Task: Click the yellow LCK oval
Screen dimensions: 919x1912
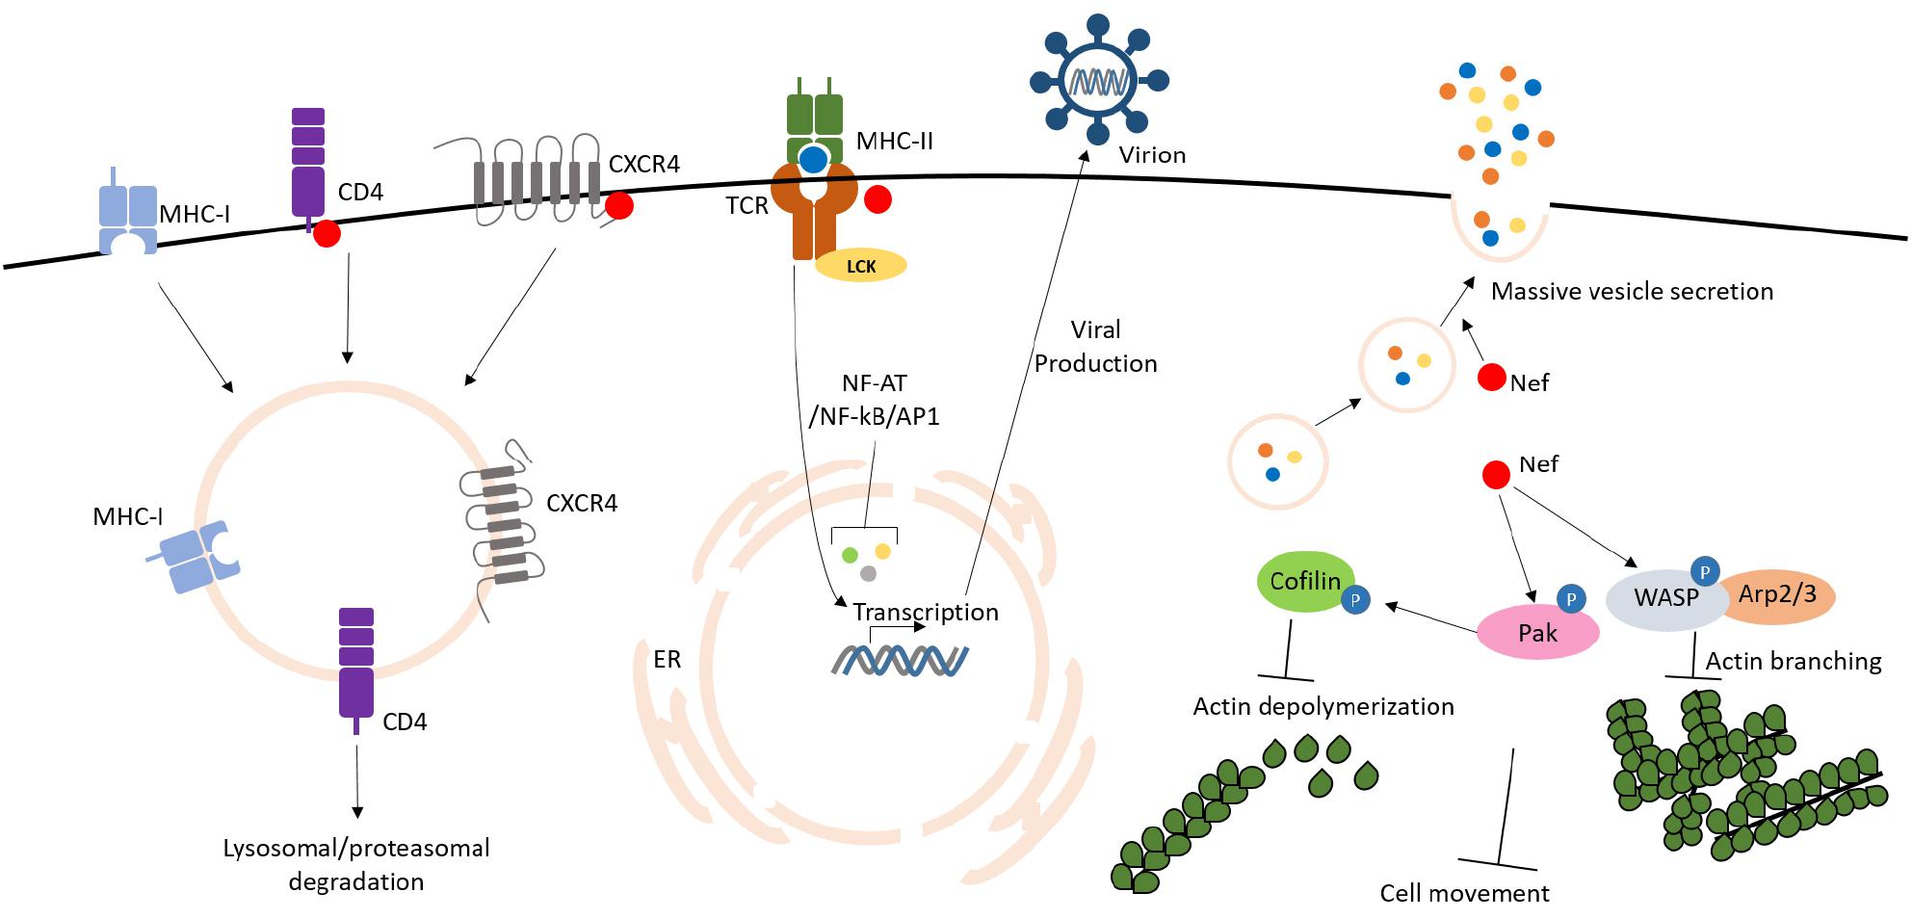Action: coord(861,265)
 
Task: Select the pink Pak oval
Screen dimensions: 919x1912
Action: coord(1537,633)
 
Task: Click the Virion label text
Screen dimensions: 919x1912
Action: coord(1152,155)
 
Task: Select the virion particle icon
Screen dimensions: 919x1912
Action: coord(1099,78)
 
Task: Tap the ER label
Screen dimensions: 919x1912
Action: coord(667,659)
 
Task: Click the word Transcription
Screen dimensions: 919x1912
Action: coord(926,612)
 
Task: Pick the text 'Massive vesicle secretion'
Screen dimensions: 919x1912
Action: coord(1632,291)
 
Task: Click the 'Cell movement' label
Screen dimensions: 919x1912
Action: coord(1464,893)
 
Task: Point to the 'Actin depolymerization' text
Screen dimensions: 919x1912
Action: coord(1323,706)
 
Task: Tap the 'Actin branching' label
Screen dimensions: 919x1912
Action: coord(1794,661)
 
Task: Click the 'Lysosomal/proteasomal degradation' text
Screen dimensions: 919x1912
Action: coord(356,864)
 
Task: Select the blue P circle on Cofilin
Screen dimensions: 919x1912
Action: coord(1355,600)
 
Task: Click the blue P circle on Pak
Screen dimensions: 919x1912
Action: coord(1571,599)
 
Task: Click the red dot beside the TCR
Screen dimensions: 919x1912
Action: coord(877,199)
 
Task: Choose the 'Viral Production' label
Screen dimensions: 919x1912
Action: coord(1095,347)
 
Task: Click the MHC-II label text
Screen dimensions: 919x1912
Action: coord(895,142)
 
